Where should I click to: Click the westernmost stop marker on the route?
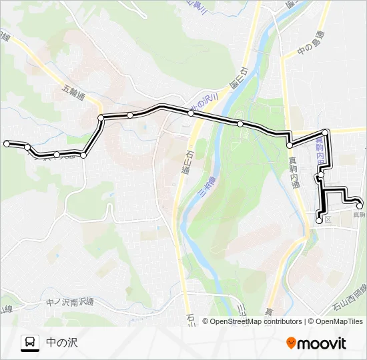point(7,143)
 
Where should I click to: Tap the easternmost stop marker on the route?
point(359,205)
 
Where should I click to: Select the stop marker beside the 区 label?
point(319,220)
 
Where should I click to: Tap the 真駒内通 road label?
point(294,171)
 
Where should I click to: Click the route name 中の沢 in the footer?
point(62,343)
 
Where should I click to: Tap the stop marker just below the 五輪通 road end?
point(101,118)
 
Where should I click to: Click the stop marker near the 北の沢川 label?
point(191,113)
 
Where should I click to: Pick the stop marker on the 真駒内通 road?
point(290,145)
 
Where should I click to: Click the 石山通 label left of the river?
point(183,163)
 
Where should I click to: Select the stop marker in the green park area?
point(240,123)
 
